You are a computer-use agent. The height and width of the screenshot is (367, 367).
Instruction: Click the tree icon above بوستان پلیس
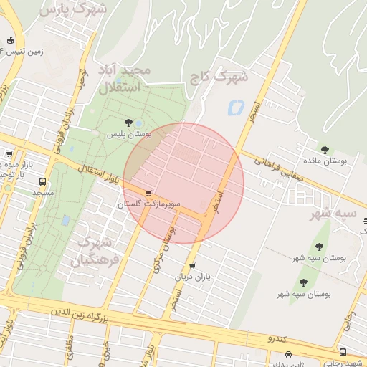click(x=128, y=123)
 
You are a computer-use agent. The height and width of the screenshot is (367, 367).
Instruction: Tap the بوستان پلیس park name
click(x=127, y=134)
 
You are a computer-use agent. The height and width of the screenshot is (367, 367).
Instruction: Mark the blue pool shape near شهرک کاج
click(x=235, y=108)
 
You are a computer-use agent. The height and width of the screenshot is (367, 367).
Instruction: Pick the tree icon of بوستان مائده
click(x=325, y=150)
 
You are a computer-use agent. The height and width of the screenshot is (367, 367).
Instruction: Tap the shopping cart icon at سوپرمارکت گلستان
click(x=148, y=194)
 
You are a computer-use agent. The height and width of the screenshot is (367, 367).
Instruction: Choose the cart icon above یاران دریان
click(x=191, y=266)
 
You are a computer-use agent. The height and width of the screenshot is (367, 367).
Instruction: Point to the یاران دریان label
click(x=191, y=277)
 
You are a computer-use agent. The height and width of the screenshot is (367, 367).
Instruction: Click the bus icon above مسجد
click(x=43, y=181)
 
